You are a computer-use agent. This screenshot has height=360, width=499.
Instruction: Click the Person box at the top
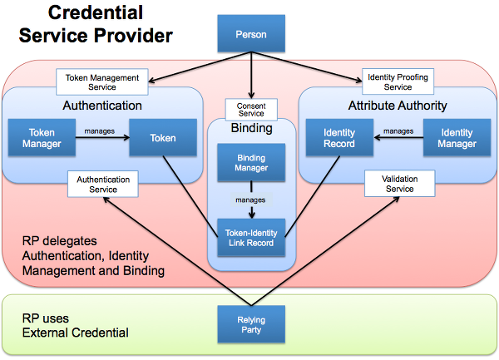click(250, 36)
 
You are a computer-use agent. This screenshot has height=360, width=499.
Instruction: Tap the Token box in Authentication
click(163, 138)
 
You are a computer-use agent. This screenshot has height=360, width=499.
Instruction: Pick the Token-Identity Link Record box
click(250, 237)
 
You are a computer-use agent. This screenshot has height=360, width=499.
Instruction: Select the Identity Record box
click(338, 138)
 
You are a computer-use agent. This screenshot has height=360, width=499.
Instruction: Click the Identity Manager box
click(457, 138)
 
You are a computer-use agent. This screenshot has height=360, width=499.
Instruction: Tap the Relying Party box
click(250, 324)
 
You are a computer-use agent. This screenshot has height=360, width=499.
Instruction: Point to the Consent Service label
click(250, 110)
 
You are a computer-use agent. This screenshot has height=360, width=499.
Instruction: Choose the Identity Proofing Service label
click(398, 81)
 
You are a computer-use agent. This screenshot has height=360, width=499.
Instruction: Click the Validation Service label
click(399, 184)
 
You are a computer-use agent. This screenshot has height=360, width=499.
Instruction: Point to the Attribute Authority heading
click(398, 106)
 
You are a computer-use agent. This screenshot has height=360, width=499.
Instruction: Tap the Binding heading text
click(250, 129)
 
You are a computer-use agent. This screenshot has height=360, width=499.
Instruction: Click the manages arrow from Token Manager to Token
click(102, 139)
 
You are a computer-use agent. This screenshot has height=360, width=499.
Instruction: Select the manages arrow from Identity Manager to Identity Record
click(398, 139)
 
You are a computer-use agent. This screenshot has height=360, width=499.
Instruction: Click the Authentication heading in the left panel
click(102, 106)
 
